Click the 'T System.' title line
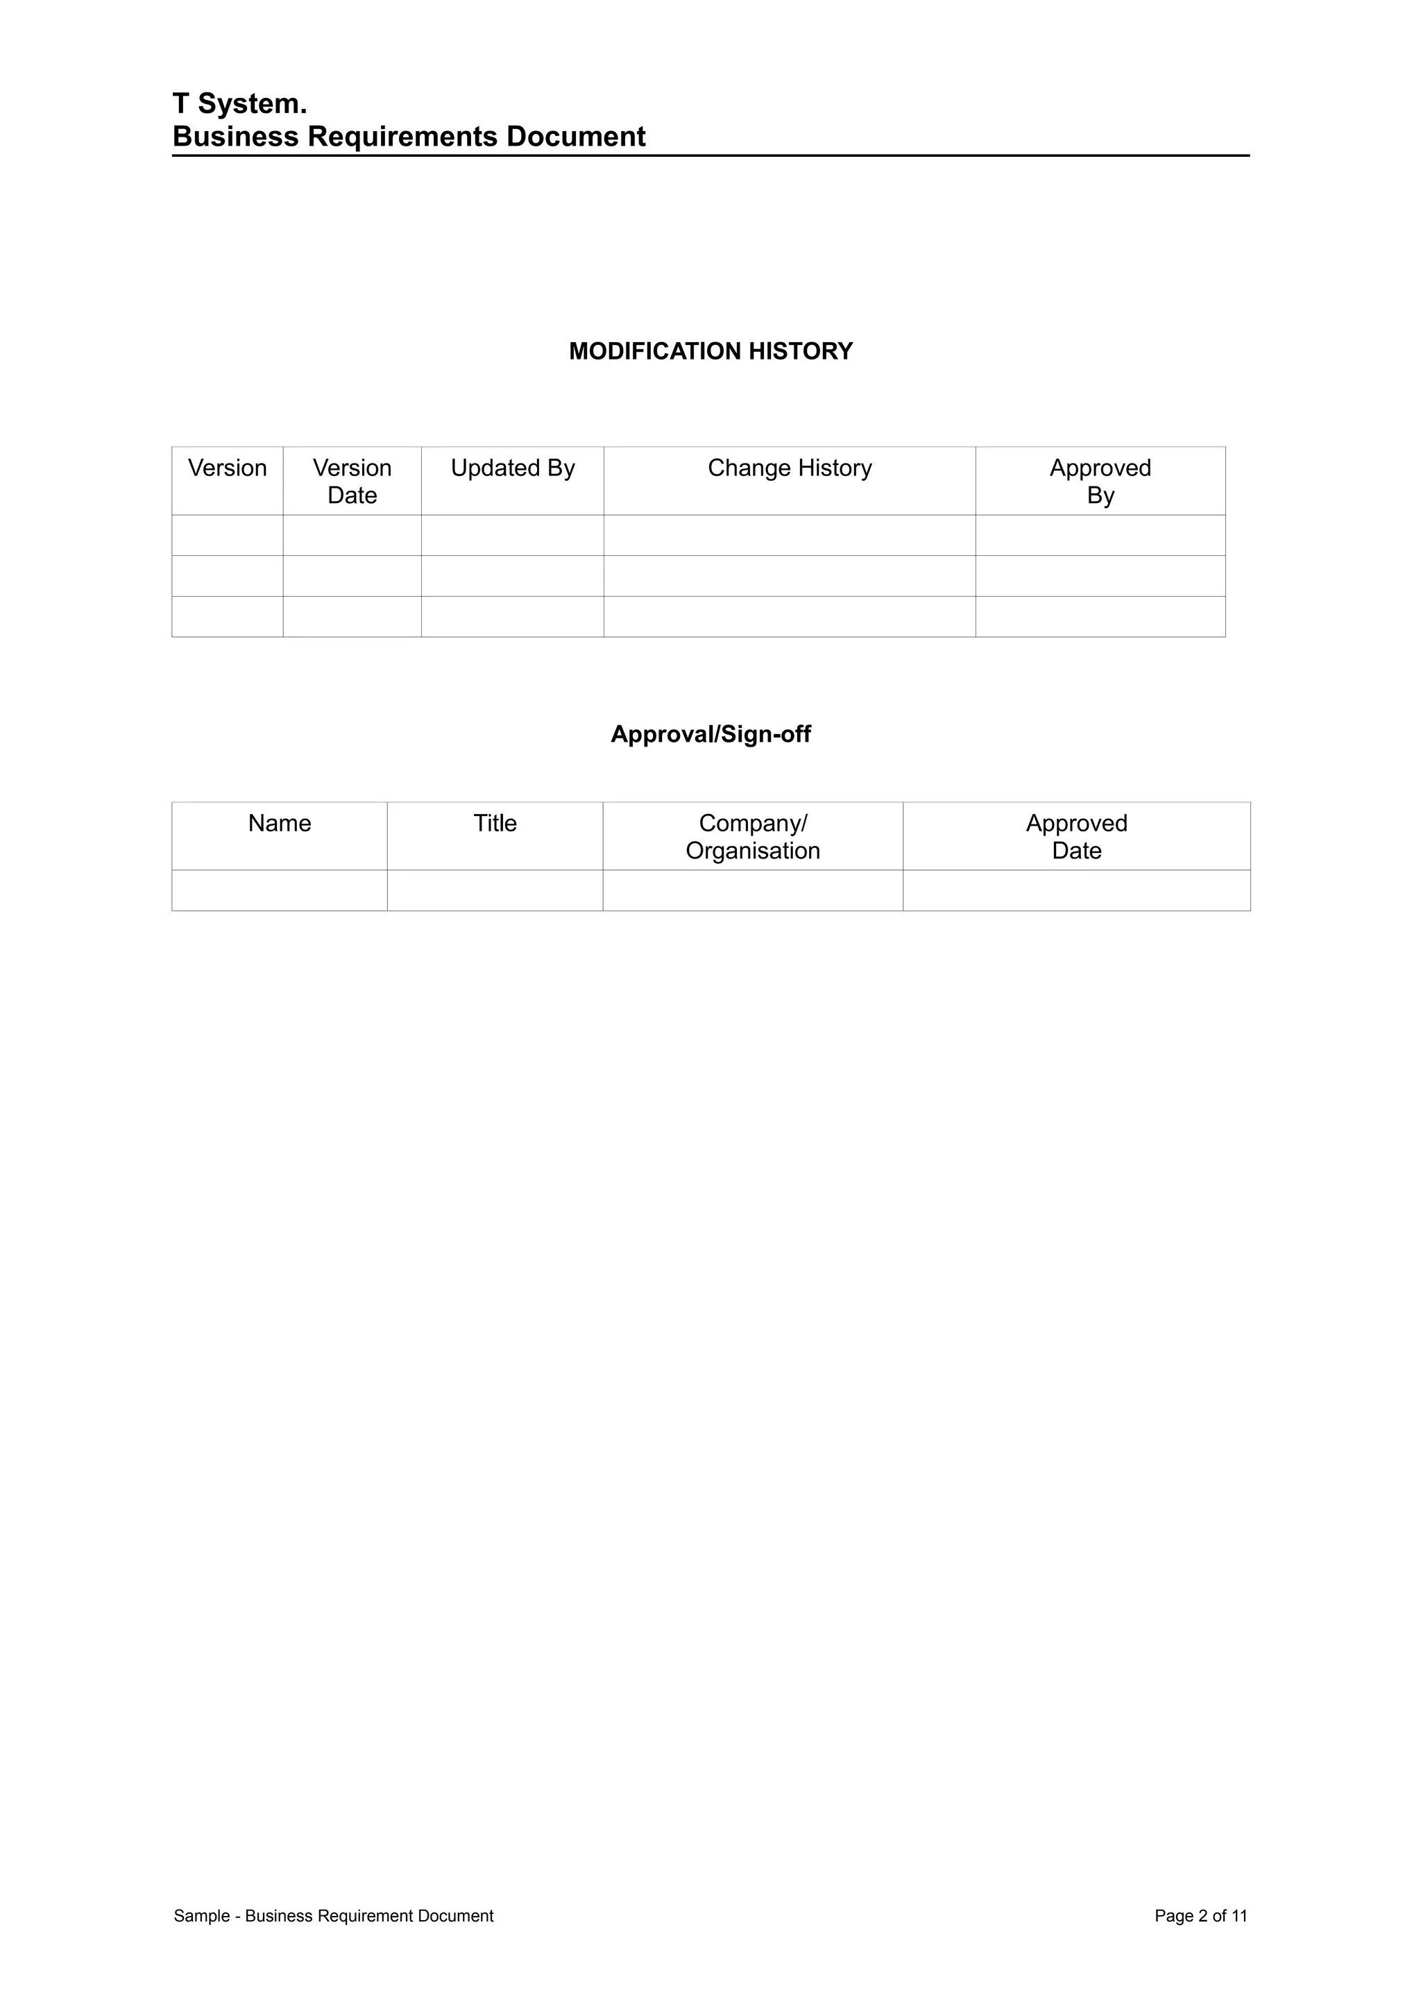pyautogui.click(x=240, y=104)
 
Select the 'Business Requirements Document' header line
pyautogui.click(x=409, y=137)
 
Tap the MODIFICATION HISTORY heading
pyautogui.click(x=710, y=351)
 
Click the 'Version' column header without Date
pyautogui.click(x=228, y=468)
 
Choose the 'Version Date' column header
pyautogui.click(x=352, y=481)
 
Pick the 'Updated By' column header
pyautogui.click(x=512, y=468)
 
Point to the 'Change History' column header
pyautogui.click(x=790, y=468)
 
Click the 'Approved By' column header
pyautogui.click(x=1100, y=481)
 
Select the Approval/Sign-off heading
pyautogui.click(x=710, y=734)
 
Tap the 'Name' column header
pyautogui.click(x=280, y=823)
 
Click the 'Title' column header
pyautogui.click(x=495, y=823)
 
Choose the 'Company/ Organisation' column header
pyautogui.click(x=753, y=836)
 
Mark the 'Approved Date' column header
pyautogui.click(x=1076, y=836)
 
